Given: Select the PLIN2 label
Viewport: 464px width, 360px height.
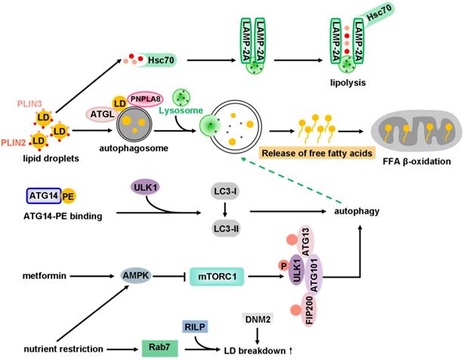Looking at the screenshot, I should pyautogui.click(x=15, y=141).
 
